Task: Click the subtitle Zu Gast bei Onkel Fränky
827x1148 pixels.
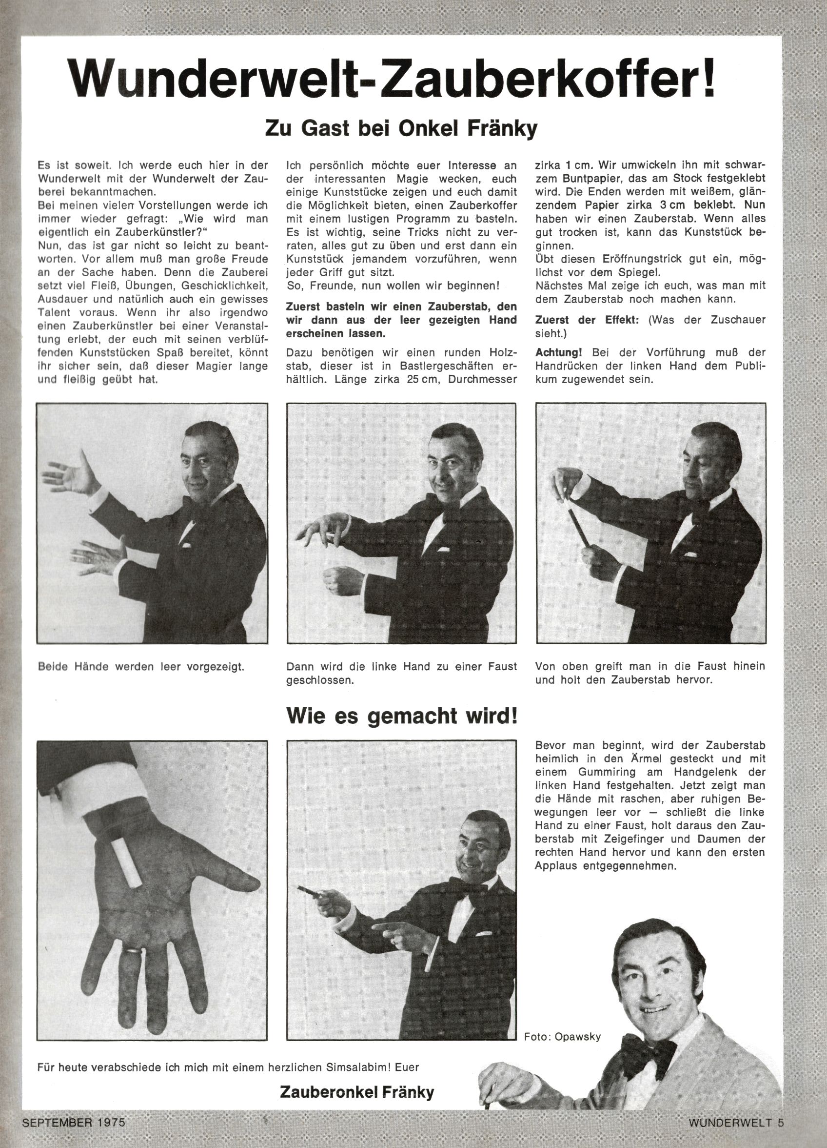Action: click(401, 128)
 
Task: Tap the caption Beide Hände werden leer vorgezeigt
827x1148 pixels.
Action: click(141, 666)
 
